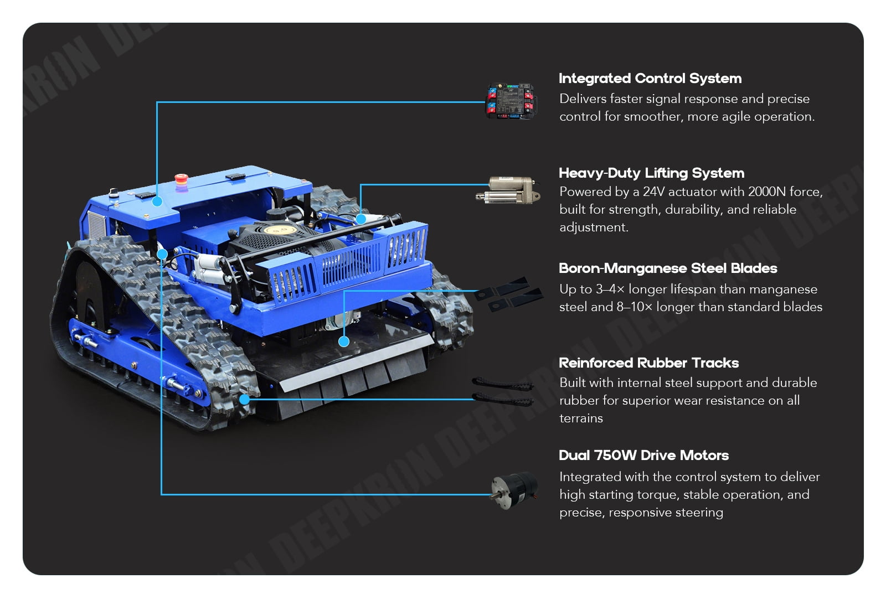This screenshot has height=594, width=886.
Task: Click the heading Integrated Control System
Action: (x=650, y=78)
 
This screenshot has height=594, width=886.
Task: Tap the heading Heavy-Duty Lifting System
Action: (x=651, y=173)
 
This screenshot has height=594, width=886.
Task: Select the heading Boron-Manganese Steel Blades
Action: (x=668, y=268)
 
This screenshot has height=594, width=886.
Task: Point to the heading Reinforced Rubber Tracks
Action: (x=648, y=363)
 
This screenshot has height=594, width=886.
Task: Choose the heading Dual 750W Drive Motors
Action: (x=643, y=455)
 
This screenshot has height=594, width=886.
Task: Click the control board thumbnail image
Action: (x=511, y=101)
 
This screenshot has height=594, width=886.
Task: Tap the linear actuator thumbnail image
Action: (x=508, y=190)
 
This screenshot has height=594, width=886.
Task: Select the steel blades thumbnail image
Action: (x=509, y=294)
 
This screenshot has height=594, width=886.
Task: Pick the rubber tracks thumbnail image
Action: (x=503, y=391)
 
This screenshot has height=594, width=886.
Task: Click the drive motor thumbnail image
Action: (x=514, y=491)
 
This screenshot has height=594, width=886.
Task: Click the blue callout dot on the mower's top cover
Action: (x=157, y=202)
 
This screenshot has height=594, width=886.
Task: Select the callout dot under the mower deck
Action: (x=344, y=342)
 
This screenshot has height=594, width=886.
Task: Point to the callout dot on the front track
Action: (x=244, y=400)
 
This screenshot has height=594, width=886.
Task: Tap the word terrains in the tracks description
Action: (x=581, y=419)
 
